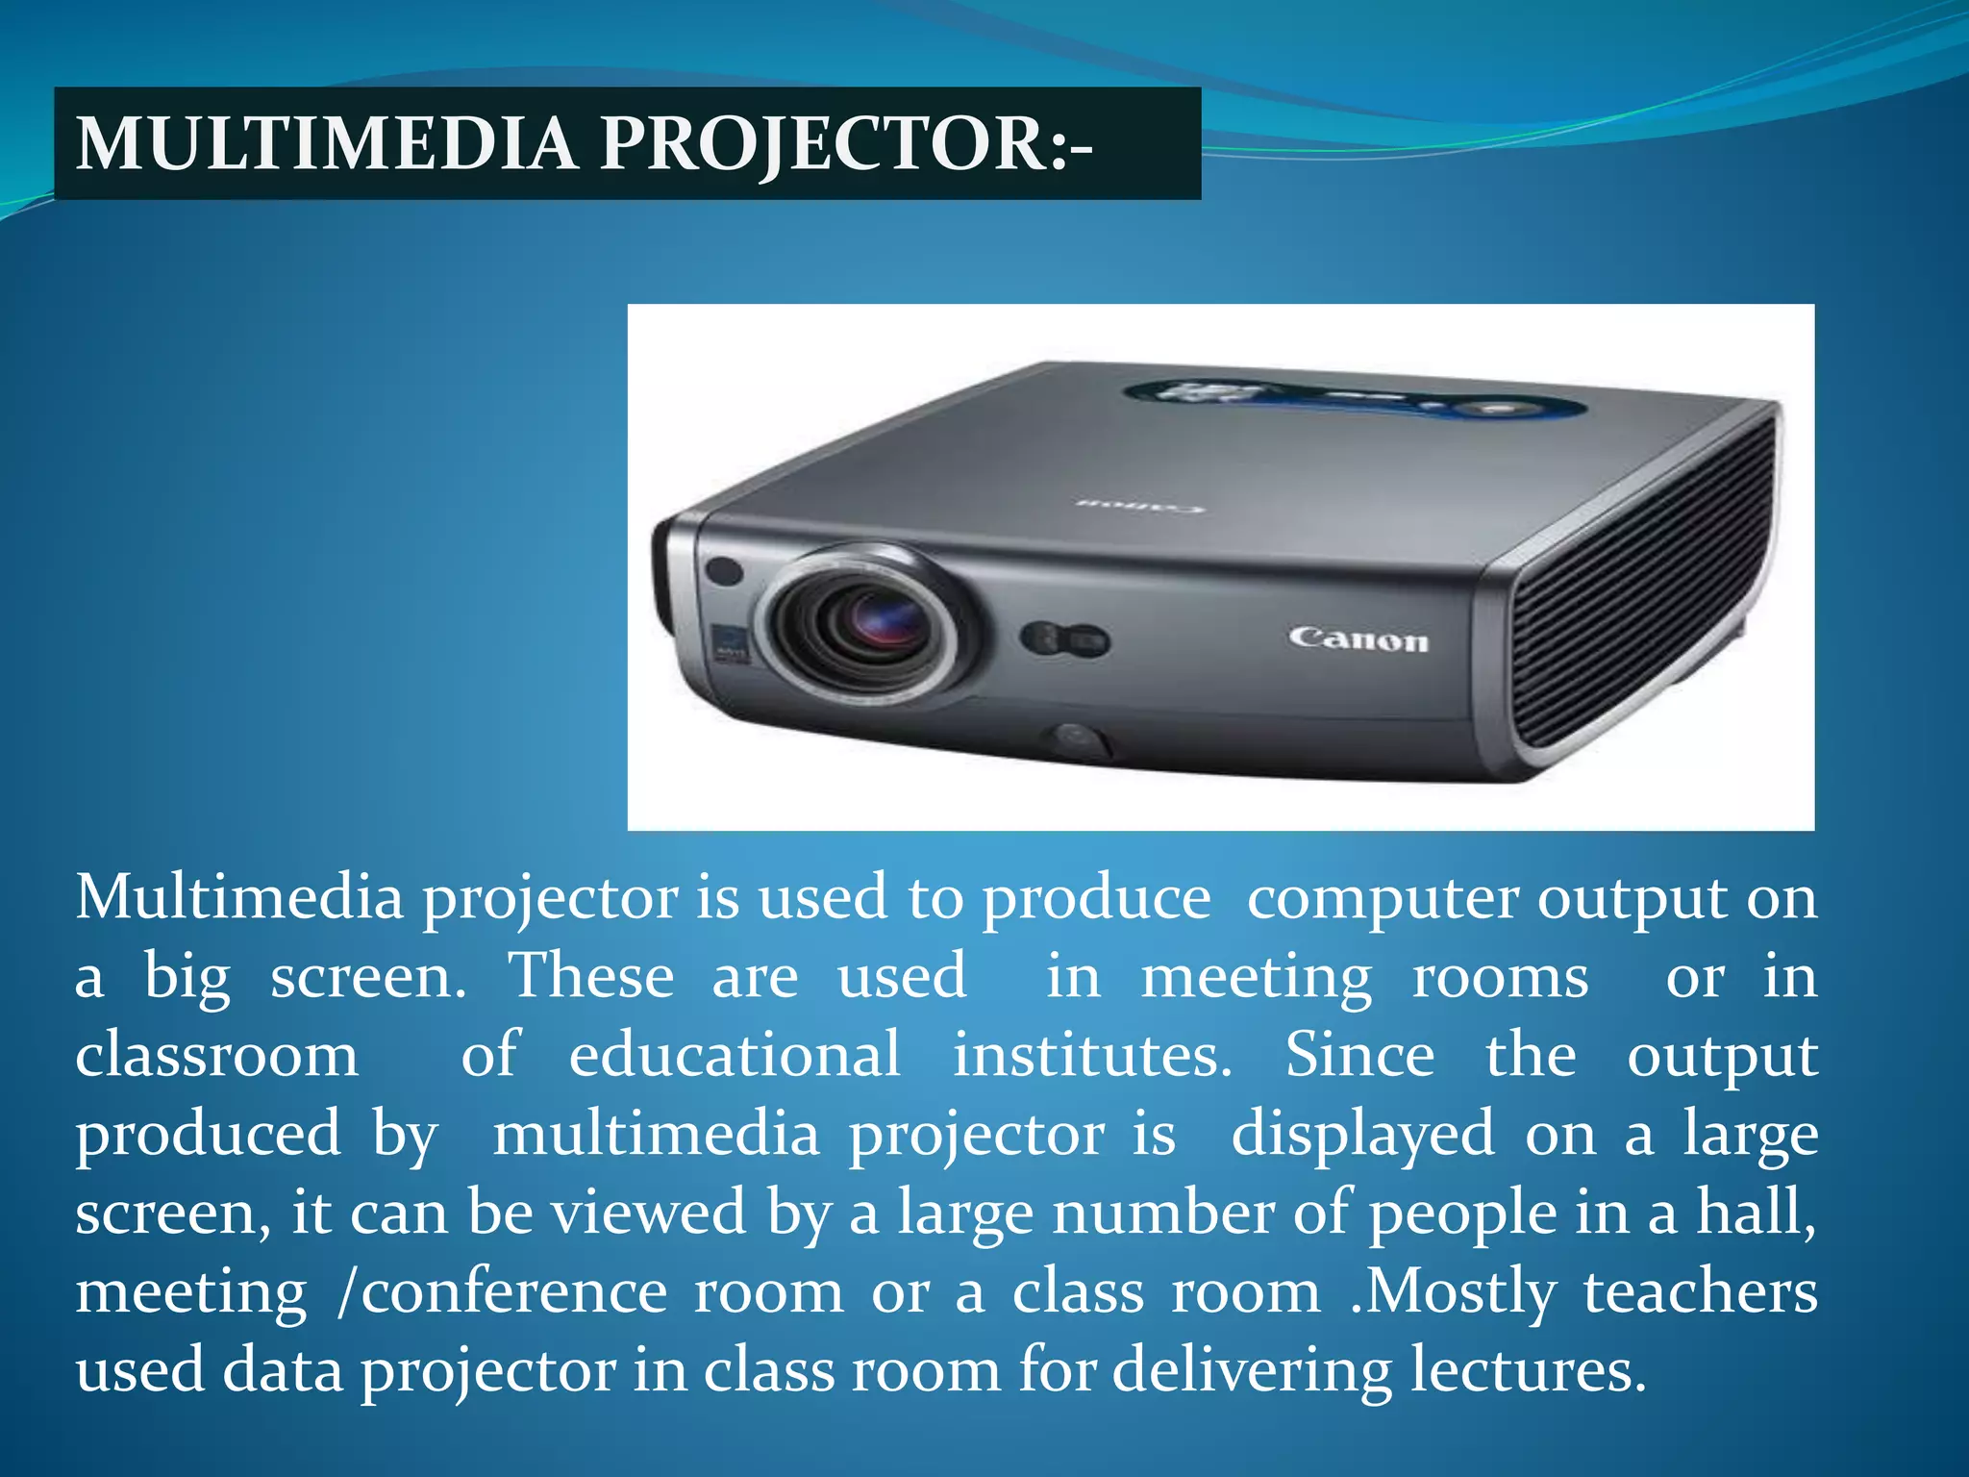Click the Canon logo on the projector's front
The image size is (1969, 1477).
point(1358,639)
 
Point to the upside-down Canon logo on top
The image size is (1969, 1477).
point(1138,505)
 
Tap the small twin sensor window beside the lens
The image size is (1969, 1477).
point(1064,640)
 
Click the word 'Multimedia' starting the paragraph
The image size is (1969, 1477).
point(240,897)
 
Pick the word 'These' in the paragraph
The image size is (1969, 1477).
point(591,976)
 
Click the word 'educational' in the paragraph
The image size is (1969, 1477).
point(735,1055)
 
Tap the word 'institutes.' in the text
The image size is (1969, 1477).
point(1092,1055)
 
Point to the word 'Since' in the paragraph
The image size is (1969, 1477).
point(1359,1055)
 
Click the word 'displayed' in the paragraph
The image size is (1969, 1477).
point(1362,1135)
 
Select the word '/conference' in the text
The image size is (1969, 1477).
point(502,1291)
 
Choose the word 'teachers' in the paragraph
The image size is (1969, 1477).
point(1700,1291)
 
